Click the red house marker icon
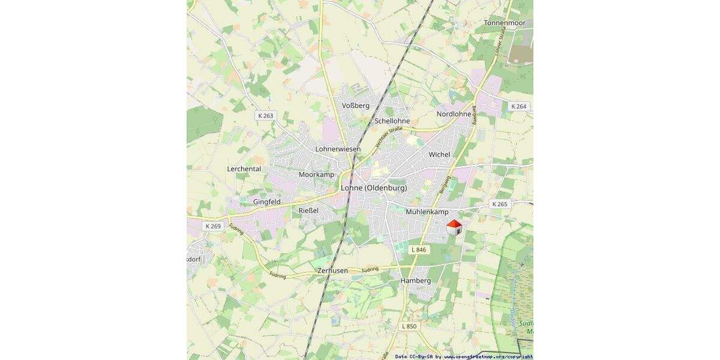(x=454, y=227)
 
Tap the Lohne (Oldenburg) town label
(x=374, y=188)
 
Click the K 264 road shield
(x=518, y=106)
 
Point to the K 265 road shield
(x=500, y=204)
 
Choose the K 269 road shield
(x=213, y=226)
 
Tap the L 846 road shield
(x=419, y=249)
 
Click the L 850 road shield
(x=409, y=326)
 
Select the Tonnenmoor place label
(x=505, y=23)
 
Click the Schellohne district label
(x=392, y=121)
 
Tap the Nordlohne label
(x=454, y=114)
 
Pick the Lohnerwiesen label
(x=338, y=149)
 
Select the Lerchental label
(x=244, y=169)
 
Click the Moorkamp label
(x=316, y=175)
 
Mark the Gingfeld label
(x=267, y=202)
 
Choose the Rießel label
(x=308, y=211)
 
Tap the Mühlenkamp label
(x=427, y=212)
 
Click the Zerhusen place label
(x=333, y=271)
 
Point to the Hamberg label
(x=415, y=281)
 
